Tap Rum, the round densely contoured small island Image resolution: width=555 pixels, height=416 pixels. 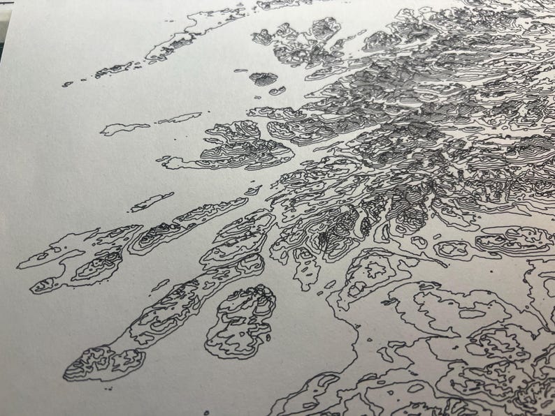(264, 78)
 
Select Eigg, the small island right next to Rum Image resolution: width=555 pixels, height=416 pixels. (277, 91)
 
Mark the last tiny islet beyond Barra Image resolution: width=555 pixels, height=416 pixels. (67, 84)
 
